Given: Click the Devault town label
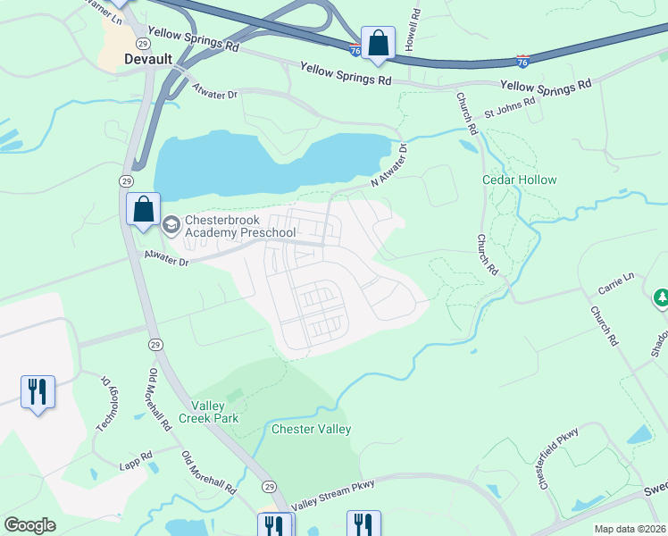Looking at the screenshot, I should [145, 60].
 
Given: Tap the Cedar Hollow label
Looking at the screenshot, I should [519, 180].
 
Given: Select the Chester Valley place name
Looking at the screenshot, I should [311, 429].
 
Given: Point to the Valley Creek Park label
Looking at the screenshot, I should [208, 411].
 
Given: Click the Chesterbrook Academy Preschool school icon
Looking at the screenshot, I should [171, 222].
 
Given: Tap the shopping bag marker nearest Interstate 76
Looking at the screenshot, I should [378, 43].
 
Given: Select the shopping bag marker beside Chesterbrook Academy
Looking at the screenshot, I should [143, 211].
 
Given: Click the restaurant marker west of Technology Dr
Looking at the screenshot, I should [38, 392].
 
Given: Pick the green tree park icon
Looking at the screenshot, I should [662, 297].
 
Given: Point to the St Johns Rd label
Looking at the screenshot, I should [510, 107].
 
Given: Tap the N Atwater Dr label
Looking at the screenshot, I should [389, 164].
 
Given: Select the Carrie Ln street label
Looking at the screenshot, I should [616, 284].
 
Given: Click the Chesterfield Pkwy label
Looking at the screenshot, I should [558, 456].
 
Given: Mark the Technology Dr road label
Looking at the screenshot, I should [106, 402].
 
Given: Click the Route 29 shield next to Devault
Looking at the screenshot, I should [142, 43].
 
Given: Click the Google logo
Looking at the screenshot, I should [30, 525].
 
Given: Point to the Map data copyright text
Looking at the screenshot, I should [630, 528].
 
